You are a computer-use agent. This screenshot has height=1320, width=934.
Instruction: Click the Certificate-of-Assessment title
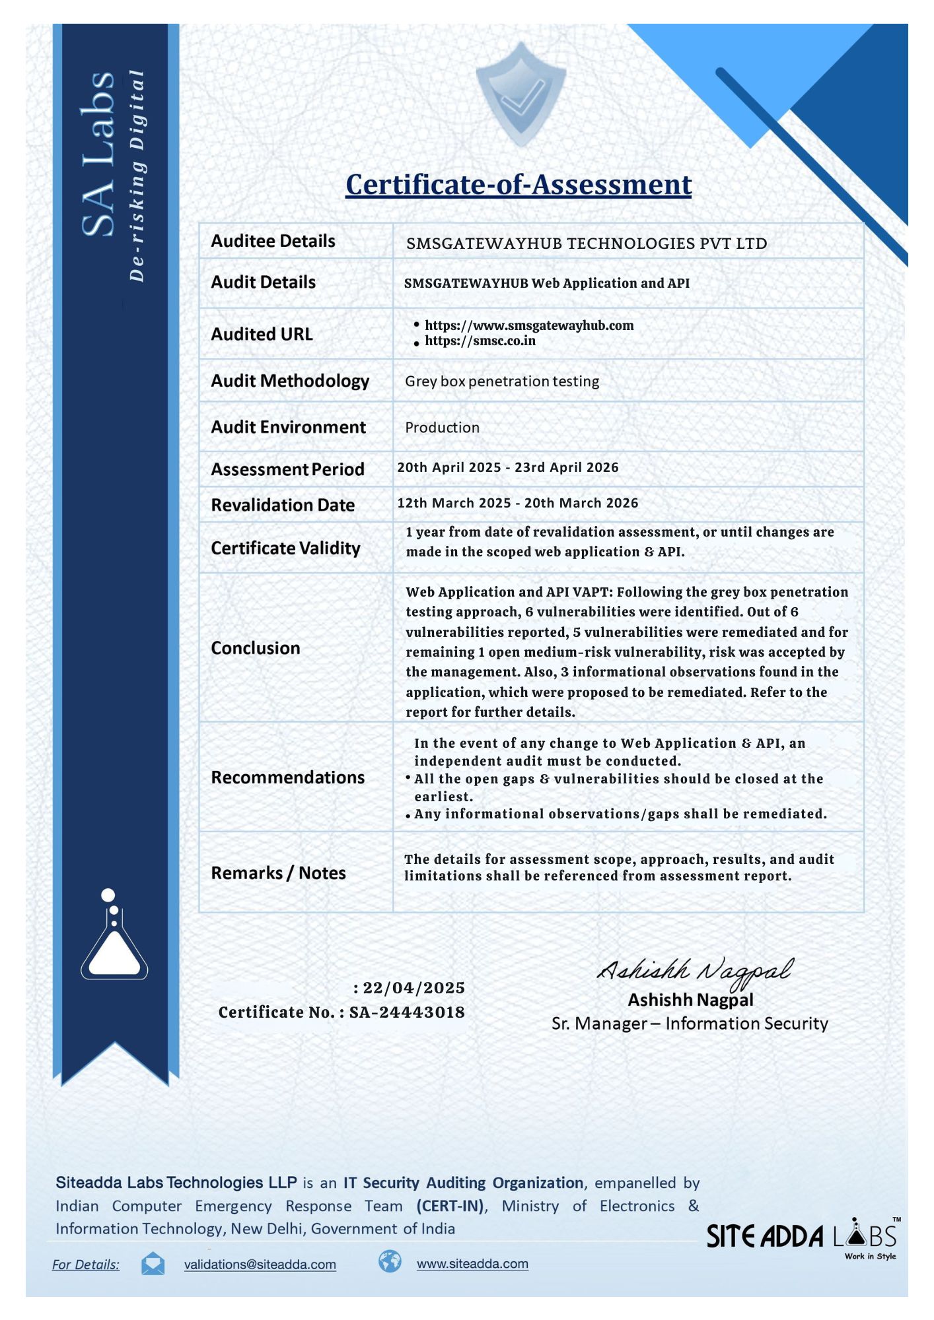pyautogui.click(x=519, y=185)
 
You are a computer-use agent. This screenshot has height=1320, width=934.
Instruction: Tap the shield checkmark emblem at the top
pyautogui.click(x=521, y=94)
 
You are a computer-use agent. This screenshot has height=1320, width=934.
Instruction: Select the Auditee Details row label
pyautogui.click(x=273, y=241)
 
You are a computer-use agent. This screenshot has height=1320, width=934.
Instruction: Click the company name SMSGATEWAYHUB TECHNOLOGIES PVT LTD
pyautogui.click(x=587, y=244)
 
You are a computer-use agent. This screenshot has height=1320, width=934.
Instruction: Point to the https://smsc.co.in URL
pyautogui.click(x=480, y=341)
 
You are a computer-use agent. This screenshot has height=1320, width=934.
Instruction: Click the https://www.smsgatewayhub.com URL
pyautogui.click(x=528, y=325)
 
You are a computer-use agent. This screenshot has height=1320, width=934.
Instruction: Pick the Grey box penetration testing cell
pyautogui.click(x=502, y=381)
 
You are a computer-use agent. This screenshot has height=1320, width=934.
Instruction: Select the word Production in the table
pyautogui.click(x=442, y=428)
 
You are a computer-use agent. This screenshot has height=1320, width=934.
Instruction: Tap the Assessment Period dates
pyautogui.click(x=507, y=467)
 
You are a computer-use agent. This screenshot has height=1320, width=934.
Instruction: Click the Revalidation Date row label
pyautogui.click(x=283, y=505)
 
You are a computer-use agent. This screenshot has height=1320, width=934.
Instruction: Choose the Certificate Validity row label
pyautogui.click(x=285, y=548)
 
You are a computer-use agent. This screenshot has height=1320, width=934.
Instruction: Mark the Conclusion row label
pyautogui.click(x=256, y=648)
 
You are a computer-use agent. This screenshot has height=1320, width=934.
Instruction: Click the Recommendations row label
pyautogui.click(x=287, y=777)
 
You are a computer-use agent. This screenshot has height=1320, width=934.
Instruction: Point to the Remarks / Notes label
pyautogui.click(x=278, y=873)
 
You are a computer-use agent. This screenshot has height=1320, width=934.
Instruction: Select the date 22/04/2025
pyautogui.click(x=413, y=988)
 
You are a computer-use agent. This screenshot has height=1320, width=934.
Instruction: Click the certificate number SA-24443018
pyautogui.click(x=407, y=1012)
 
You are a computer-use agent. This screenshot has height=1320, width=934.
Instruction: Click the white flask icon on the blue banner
pyautogui.click(x=114, y=937)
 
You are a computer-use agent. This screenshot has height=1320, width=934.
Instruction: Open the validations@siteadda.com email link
pyautogui.click(x=260, y=1265)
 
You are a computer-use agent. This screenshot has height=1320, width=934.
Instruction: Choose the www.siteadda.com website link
pyautogui.click(x=472, y=1264)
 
